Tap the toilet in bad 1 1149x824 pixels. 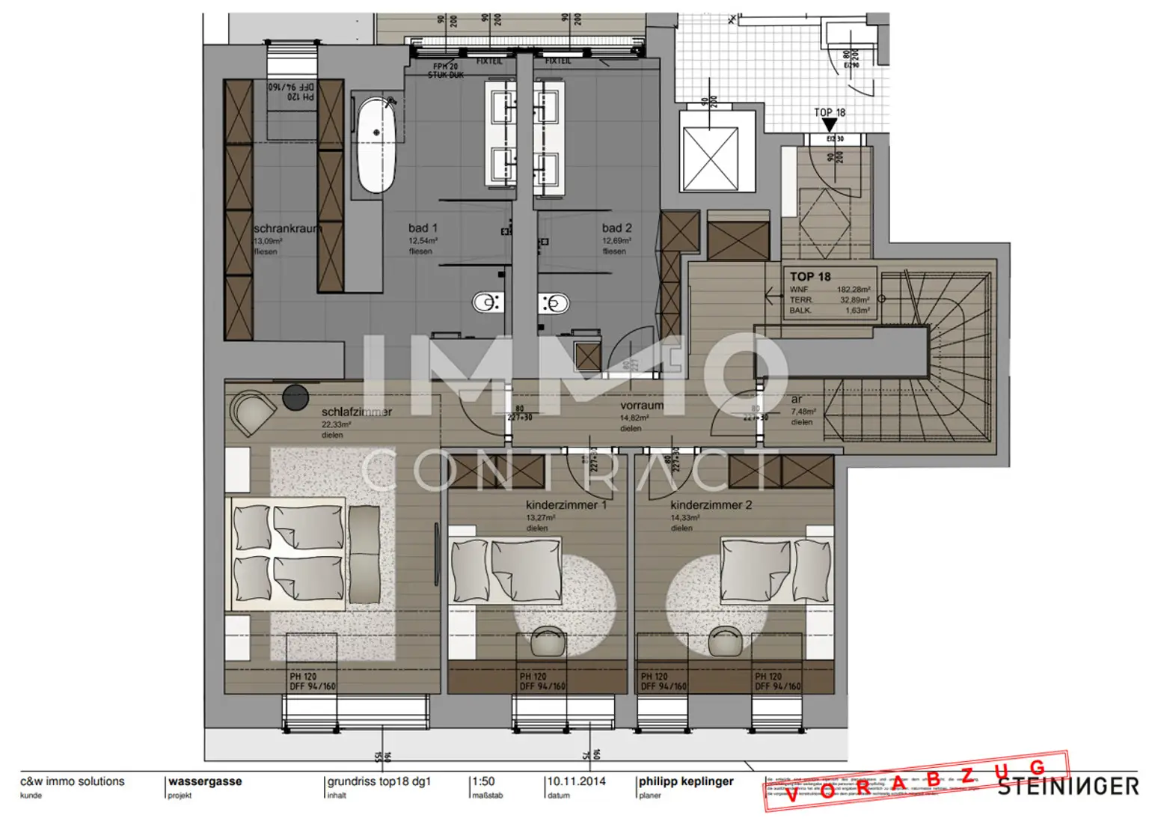tap(487, 302)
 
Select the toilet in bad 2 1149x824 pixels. tap(554, 303)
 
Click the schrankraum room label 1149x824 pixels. tap(287, 228)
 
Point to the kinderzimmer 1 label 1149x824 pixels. tap(566, 505)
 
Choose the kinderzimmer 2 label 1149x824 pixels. tap(711, 505)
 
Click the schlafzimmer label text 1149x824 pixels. tap(356, 412)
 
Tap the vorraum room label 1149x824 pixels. tap(641, 406)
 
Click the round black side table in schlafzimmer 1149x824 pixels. tap(295, 397)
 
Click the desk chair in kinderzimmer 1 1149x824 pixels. tap(548, 641)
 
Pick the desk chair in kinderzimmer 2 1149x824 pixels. tap(724, 641)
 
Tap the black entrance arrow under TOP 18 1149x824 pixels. tap(830, 125)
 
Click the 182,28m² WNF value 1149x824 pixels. tap(853, 290)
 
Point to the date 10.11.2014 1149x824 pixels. tap(576, 781)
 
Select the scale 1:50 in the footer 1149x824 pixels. tap(483, 781)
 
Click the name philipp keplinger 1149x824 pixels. tap(685, 781)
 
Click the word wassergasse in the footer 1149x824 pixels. tap(205, 781)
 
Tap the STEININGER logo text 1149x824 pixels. tap(1067, 787)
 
